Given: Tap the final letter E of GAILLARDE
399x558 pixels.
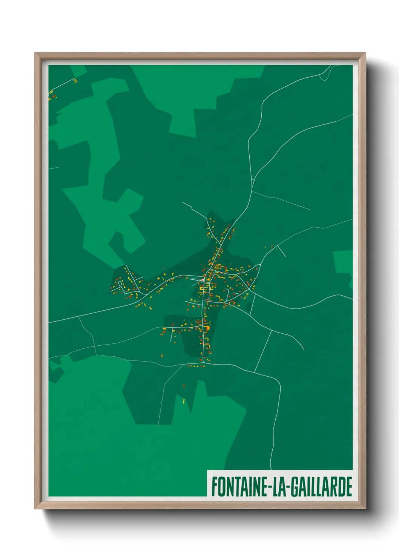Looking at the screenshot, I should pos(349,487).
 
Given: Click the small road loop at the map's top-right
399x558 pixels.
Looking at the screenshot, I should pos(325,75).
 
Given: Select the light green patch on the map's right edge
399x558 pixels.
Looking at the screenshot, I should pos(343,262).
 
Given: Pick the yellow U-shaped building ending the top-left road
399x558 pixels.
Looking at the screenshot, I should pos(75,81).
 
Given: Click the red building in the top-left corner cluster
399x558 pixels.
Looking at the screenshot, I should pos(54,97).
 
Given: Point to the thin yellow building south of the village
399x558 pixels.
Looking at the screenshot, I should pos(184,401).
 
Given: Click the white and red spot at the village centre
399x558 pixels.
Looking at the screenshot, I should pos(204,280).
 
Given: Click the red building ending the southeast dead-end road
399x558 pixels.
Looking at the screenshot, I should pos(304,348).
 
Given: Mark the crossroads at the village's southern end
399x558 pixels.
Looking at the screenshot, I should pos(204,363).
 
